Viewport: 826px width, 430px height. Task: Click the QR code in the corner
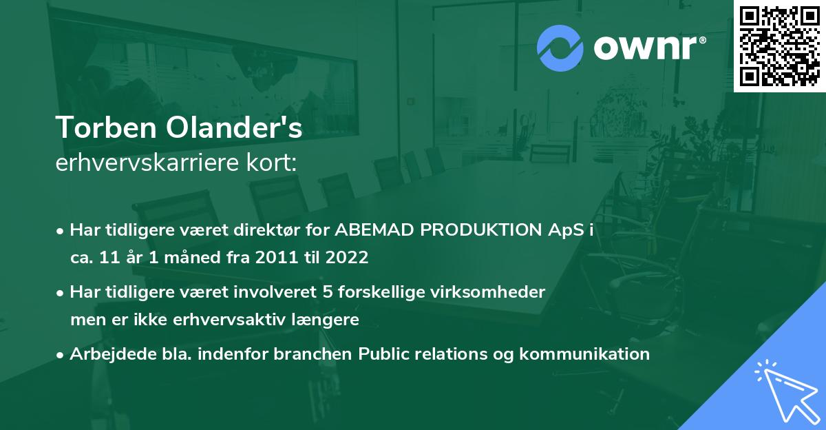779,46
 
